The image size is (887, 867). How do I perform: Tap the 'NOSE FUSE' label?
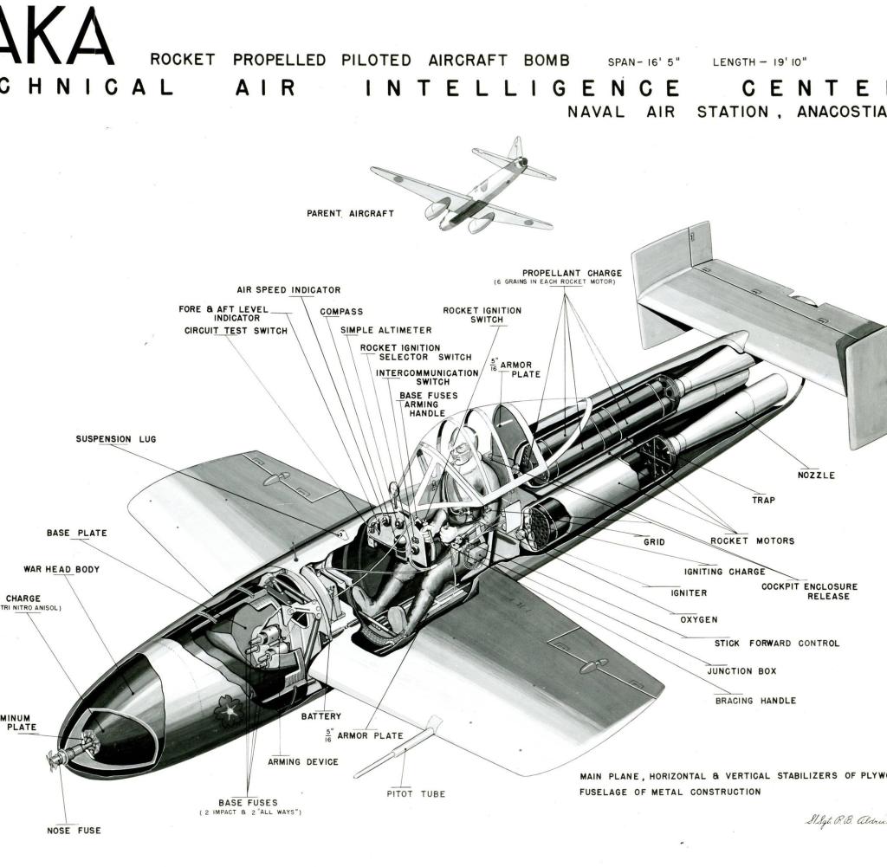[x=74, y=831]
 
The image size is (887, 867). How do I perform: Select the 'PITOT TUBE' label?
[x=416, y=793]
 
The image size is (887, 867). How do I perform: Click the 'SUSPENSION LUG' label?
[x=115, y=439]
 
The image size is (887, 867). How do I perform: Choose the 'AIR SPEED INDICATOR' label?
[x=288, y=290]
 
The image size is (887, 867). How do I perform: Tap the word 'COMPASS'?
[x=341, y=312]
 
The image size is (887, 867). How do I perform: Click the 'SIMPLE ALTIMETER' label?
[x=385, y=330]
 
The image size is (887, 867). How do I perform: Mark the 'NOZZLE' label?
[x=816, y=475]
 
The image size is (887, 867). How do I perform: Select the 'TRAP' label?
[x=763, y=501]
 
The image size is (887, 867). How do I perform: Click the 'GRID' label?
[x=654, y=542]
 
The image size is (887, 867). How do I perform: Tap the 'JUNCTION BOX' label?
[x=741, y=671]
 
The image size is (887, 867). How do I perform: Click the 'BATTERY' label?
[x=320, y=716]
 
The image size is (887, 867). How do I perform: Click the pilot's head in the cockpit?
[x=461, y=452]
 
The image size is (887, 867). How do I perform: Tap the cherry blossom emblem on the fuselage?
[x=229, y=711]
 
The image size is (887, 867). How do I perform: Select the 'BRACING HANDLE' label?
[x=755, y=700]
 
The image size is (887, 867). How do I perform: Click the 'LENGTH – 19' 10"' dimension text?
[x=760, y=61]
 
